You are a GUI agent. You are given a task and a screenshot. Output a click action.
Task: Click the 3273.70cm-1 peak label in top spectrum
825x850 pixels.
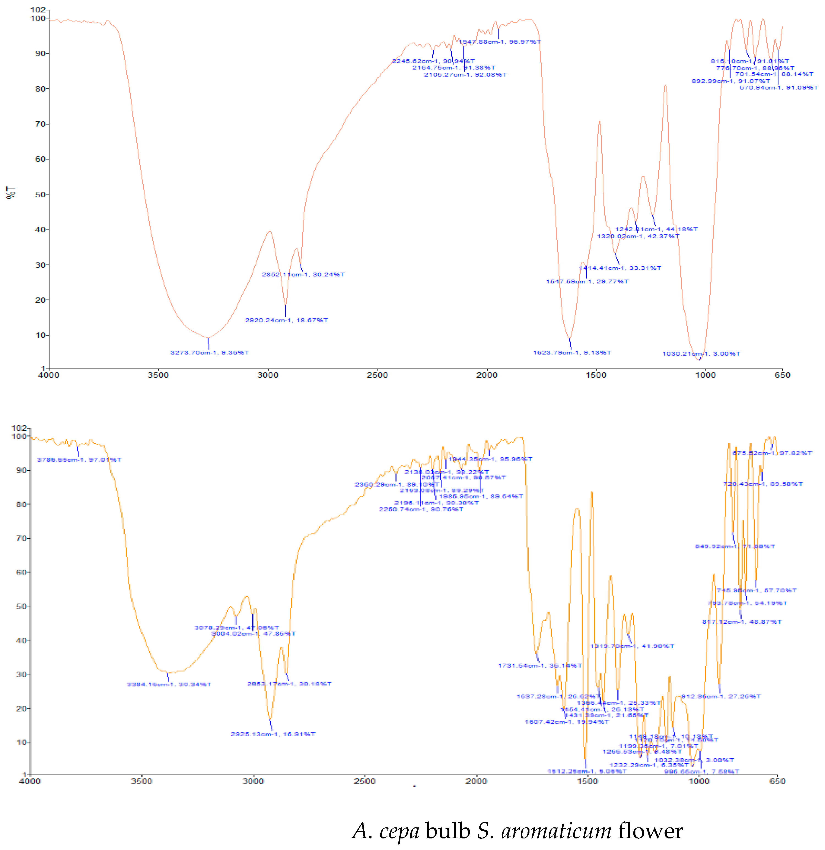point(210,353)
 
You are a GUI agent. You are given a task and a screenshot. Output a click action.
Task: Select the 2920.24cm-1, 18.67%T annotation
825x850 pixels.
point(286,321)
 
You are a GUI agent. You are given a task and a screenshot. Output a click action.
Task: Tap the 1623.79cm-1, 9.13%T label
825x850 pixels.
point(572,353)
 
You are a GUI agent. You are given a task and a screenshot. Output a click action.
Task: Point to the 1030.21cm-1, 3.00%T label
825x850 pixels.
point(701,354)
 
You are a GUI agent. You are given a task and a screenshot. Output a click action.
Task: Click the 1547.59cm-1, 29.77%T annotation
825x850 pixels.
point(587,281)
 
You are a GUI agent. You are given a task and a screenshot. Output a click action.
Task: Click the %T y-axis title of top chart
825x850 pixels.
point(10,193)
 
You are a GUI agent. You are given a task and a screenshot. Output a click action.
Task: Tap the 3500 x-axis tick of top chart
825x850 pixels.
point(158,375)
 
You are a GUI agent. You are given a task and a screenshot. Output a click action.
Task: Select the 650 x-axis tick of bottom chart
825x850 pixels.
point(777,781)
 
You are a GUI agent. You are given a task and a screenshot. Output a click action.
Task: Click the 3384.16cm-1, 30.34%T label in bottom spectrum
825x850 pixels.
point(169,684)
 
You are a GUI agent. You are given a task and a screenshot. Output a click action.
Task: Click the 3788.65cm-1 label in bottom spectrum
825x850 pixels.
point(79,460)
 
